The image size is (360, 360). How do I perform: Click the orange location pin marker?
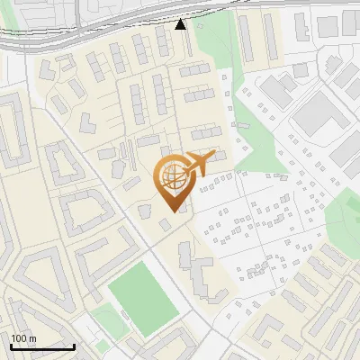(172, 181)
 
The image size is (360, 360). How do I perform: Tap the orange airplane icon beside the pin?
(200, 163)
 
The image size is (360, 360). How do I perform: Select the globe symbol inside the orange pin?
(172, 176)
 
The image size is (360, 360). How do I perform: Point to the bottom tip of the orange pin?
(171, 211)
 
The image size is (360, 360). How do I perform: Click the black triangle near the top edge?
(181, 24)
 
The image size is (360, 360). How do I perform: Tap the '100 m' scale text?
(23, 338)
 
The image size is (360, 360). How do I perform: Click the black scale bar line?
(41, 346)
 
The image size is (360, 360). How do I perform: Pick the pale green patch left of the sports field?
(106, 317)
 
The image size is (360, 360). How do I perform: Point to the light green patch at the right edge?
(345, 216)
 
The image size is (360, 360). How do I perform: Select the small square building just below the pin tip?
(165, 224)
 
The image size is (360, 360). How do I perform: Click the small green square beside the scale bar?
(103, 346)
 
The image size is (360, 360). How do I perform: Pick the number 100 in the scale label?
(19, 338)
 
